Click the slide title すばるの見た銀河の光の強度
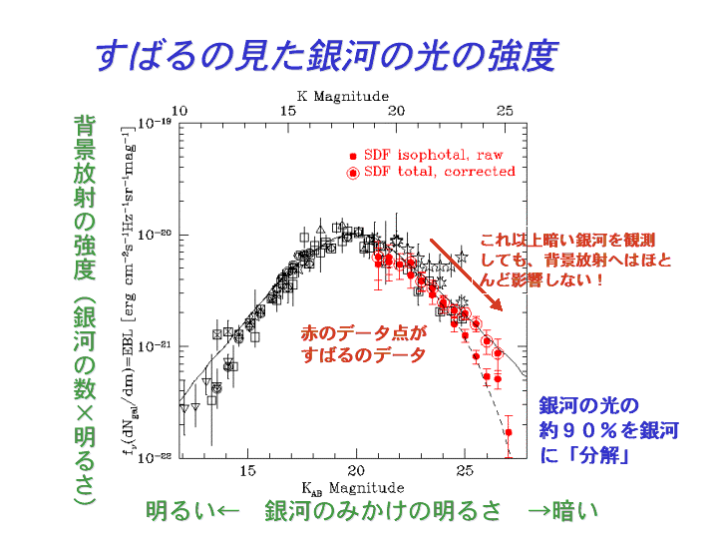pyautogui.click(x=325, y=56)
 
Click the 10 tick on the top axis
pyautogui.click(x=179, y=111)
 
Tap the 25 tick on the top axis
pyautogui.click(x=506, y=111)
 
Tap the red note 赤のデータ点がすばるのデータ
pyautogui.click(x=363, y=344)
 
